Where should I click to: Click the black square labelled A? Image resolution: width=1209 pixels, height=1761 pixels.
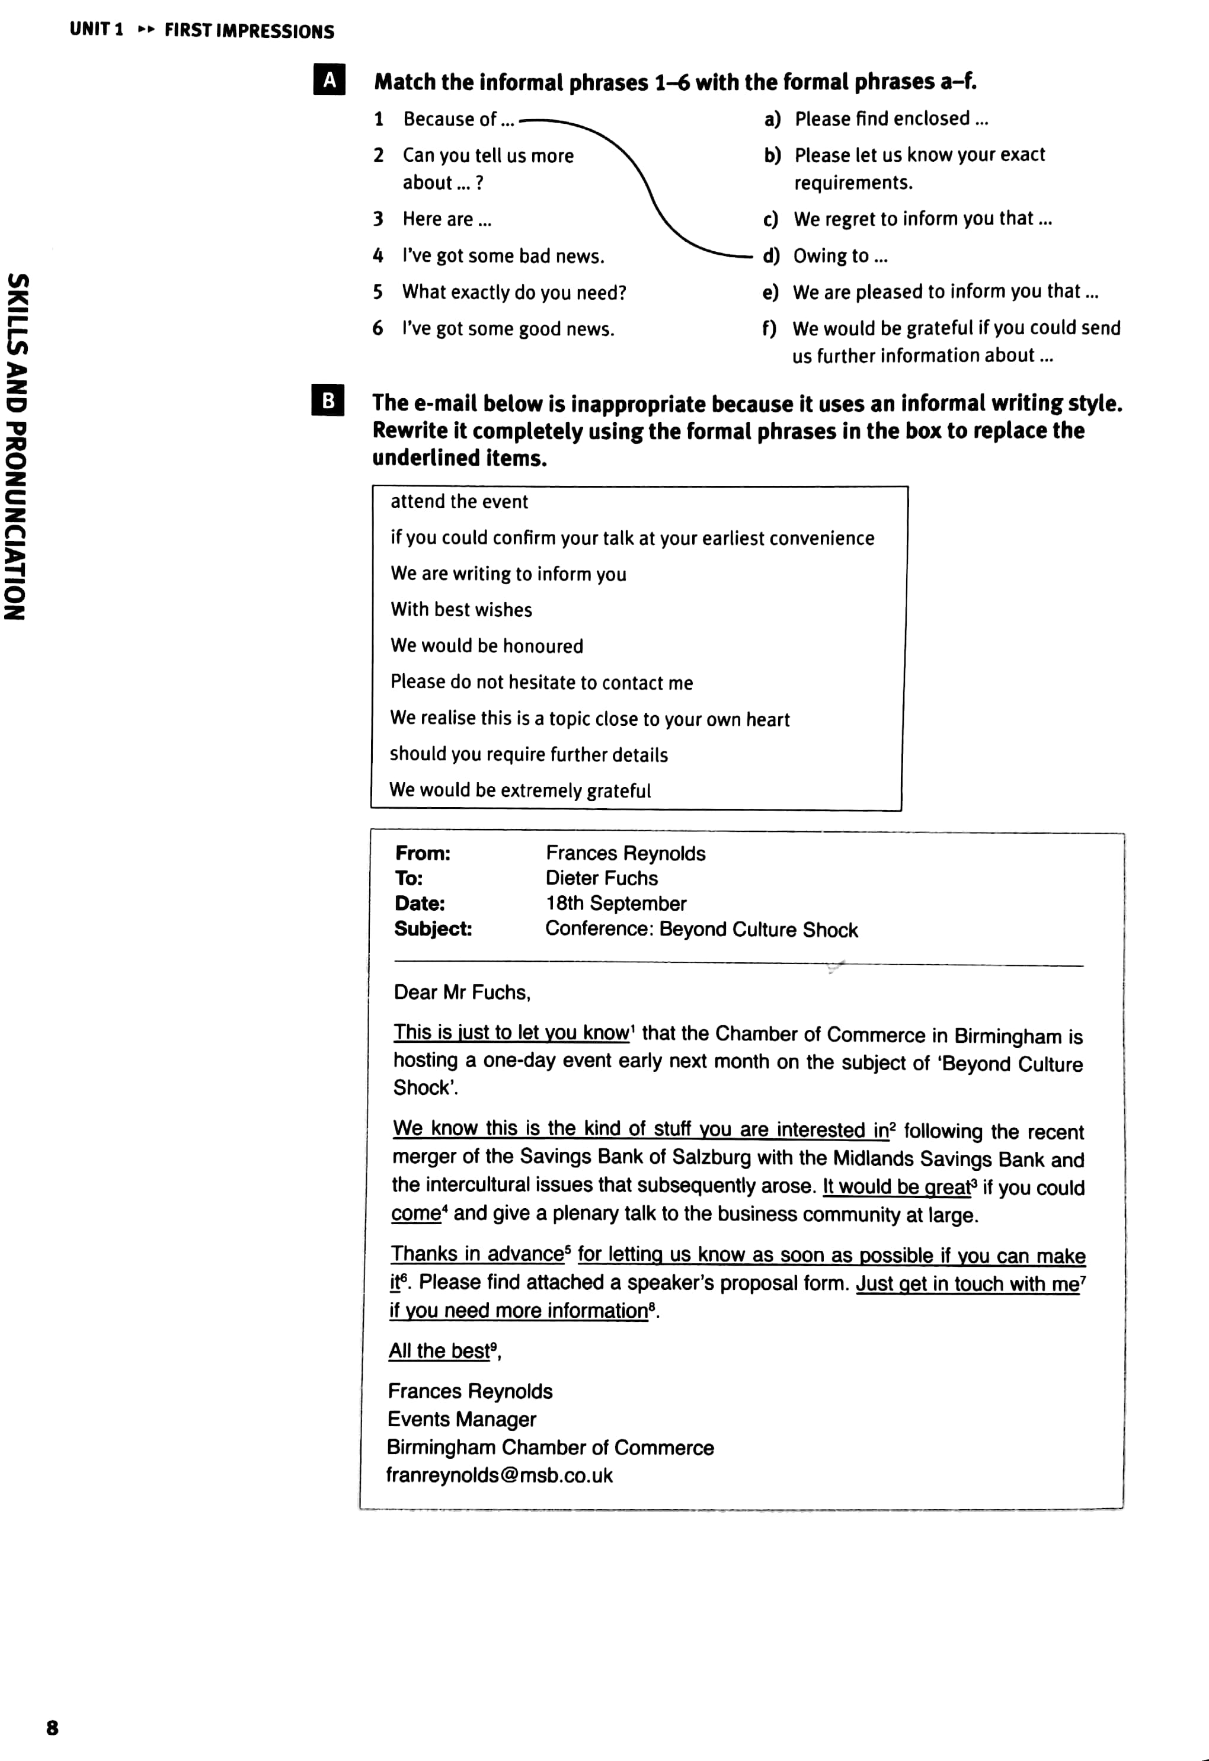click(329, 79)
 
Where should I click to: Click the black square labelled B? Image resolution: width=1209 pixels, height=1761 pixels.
click(328, 400)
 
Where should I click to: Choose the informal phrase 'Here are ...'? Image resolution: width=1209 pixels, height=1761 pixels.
click(446, 220)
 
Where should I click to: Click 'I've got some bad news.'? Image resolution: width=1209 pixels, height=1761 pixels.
click(503, 256)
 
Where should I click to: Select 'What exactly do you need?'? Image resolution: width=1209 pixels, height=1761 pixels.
click(514, 293)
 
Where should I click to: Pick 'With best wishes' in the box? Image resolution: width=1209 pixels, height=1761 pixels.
click(461, 610)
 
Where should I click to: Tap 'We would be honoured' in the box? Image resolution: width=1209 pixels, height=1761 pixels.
click(487, 646)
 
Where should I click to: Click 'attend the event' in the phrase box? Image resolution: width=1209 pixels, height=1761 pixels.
click(459, 502)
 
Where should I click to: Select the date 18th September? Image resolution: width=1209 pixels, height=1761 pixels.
click(616, 903)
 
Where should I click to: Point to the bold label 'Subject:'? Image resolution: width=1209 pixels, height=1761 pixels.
click(433, 929)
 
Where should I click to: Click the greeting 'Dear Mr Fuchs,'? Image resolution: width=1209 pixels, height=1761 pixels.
click(462, 992)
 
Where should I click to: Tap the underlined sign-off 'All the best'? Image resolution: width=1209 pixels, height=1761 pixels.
click(440, 1351)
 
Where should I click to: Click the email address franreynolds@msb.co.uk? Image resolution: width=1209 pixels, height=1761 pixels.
click(499, 1475)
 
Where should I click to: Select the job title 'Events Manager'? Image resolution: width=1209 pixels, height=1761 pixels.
click(462, 1419)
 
